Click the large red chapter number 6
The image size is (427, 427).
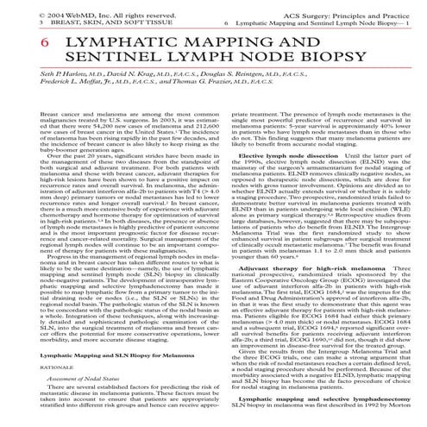point(20,43)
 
